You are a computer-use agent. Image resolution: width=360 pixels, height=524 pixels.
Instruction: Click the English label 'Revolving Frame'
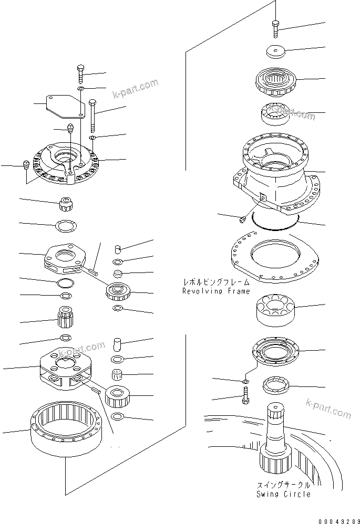tap(215, 291)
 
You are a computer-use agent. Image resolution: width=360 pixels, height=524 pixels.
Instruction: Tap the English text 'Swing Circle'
tap(283, 494)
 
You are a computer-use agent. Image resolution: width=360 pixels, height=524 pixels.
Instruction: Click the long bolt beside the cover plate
tap(93, 117)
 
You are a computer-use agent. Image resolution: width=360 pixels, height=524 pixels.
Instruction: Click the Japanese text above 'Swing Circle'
tap(283, 486)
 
